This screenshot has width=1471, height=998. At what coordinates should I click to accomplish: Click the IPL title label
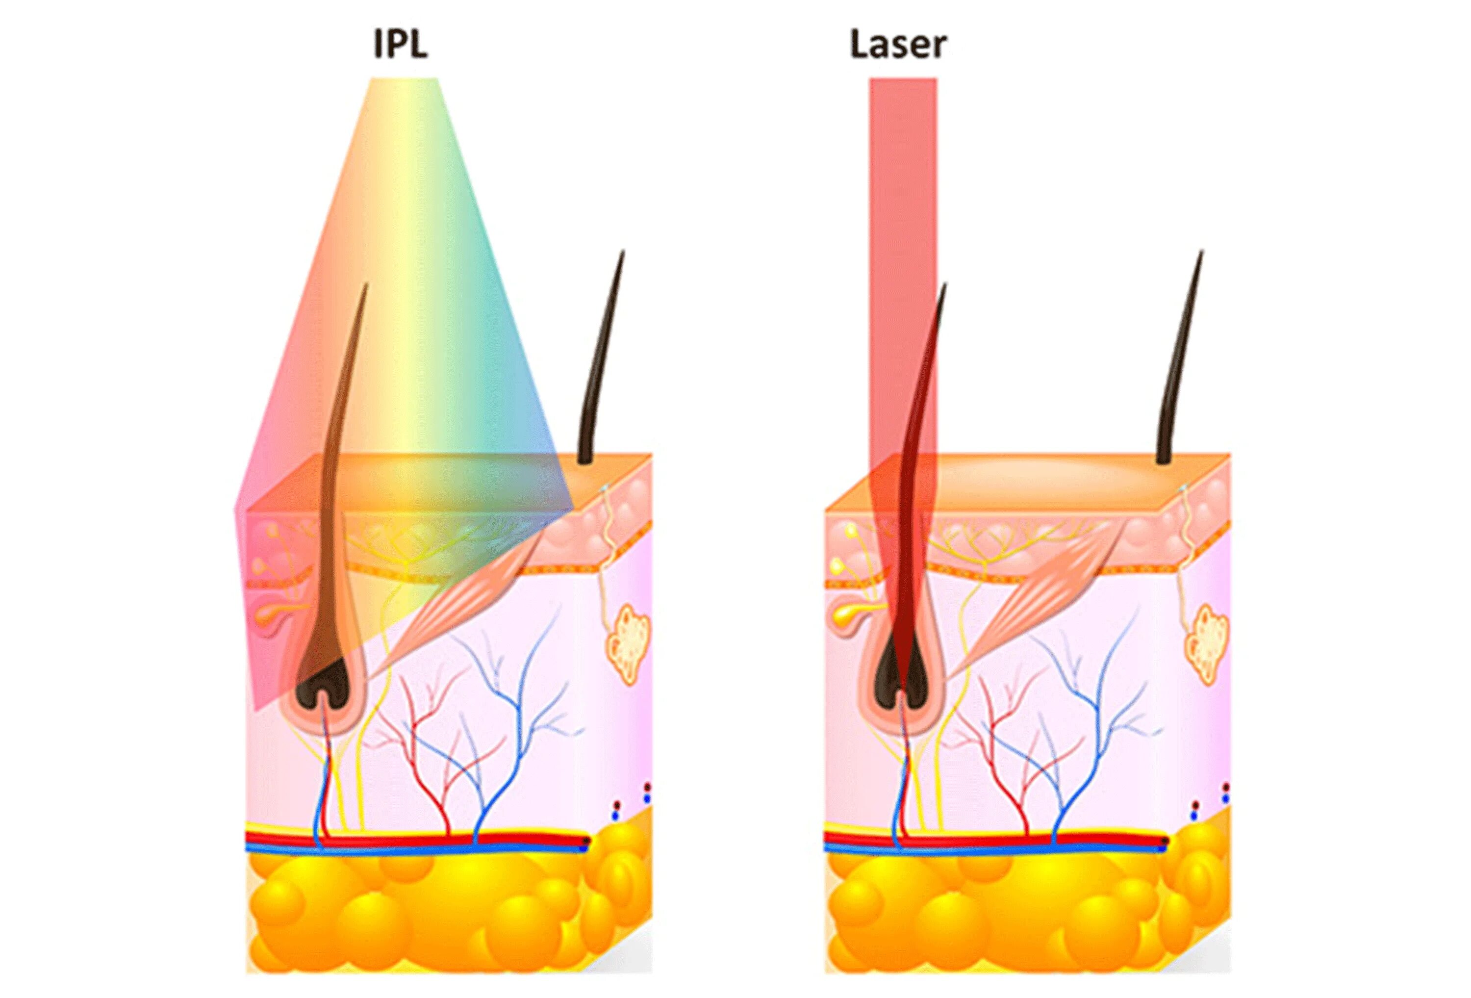click(x=400, y=44)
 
